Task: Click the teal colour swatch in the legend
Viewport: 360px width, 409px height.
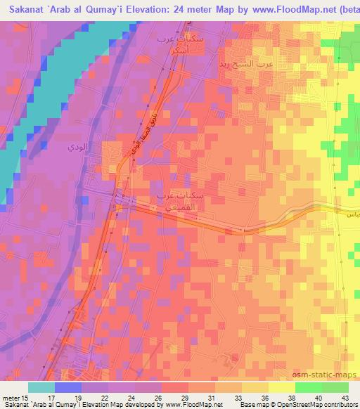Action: [x=41, y=387]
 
